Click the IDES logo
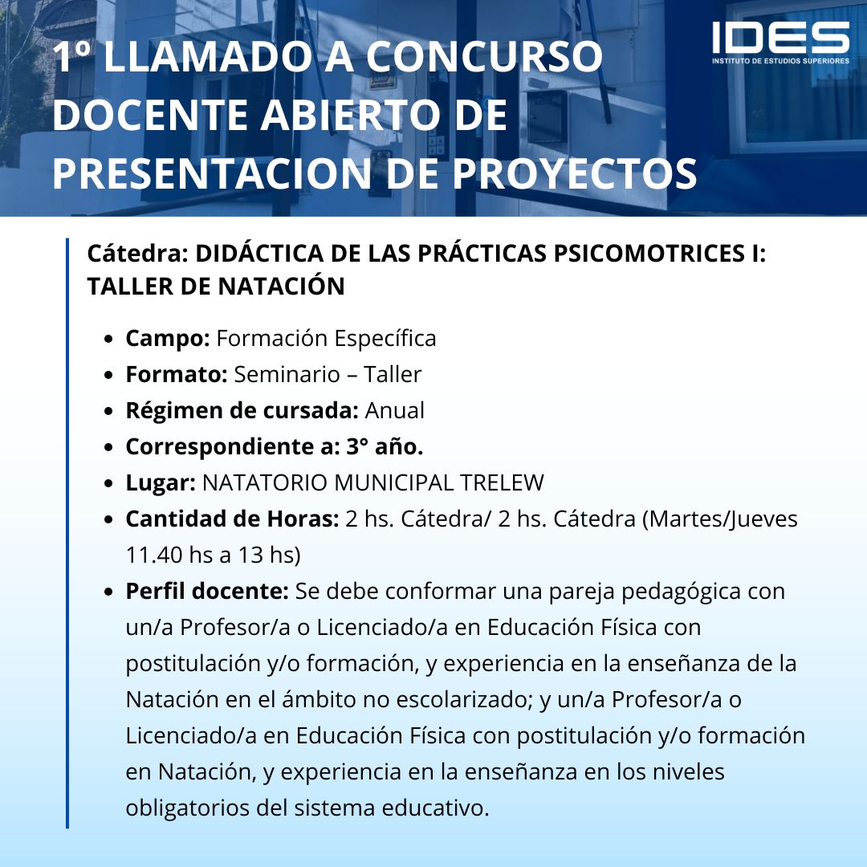pos(780,43)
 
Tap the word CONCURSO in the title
pos(484,56)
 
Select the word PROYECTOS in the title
pos(575,173)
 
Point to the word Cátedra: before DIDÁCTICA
pos(138,253)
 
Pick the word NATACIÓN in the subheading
pos(281,286)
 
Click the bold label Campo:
pos(168,339)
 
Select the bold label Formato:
pos(177,374)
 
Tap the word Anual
pos(395,410)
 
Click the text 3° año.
pos(385,447)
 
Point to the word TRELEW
pos(502,482)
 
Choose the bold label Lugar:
pos(161,483)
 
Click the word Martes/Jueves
pos(720,519)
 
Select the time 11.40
pos(154,556)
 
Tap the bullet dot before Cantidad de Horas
pos(109,519)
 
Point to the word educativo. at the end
pos(436,808)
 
